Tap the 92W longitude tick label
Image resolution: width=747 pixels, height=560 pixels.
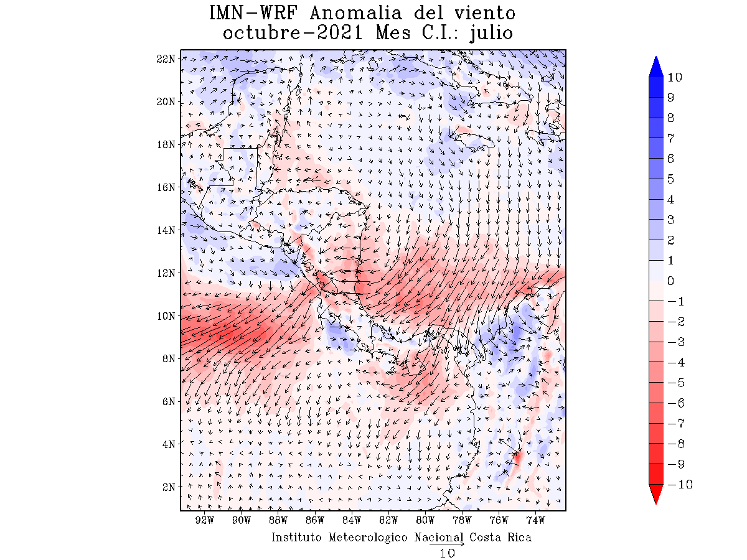205,520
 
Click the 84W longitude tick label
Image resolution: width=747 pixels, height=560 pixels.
352,520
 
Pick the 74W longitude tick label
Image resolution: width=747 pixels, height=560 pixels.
535,520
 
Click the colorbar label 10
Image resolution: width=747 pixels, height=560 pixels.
674,77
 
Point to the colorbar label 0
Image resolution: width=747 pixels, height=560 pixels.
670,281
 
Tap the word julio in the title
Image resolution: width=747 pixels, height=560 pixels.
492,33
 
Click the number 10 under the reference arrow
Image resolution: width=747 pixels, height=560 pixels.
447,553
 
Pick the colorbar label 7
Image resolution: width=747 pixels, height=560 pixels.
670,138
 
